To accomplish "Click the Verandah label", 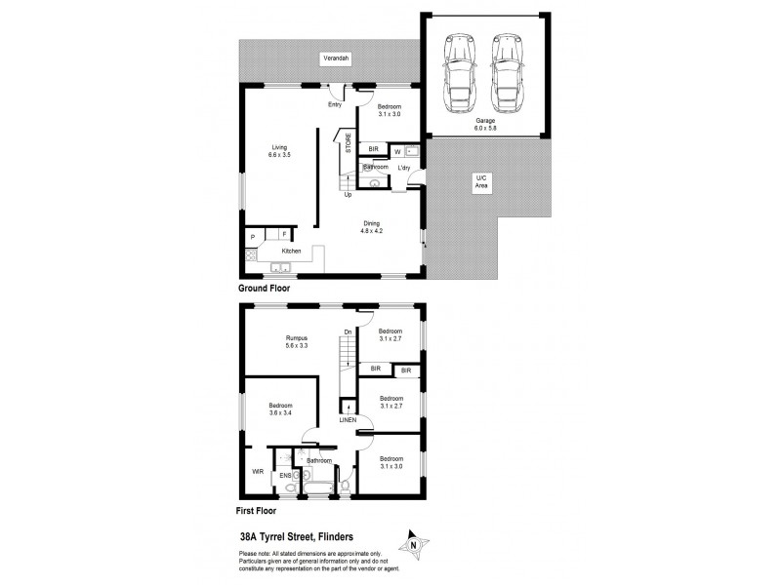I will [336, 59].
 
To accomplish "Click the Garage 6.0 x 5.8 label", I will [485, 124].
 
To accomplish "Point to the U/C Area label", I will [479, 180].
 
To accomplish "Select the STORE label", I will [349, 140].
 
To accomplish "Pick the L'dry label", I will [404, 168].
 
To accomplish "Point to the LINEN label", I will [347, 421].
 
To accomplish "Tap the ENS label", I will [285, 475].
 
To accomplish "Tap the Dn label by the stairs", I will [349, 331].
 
